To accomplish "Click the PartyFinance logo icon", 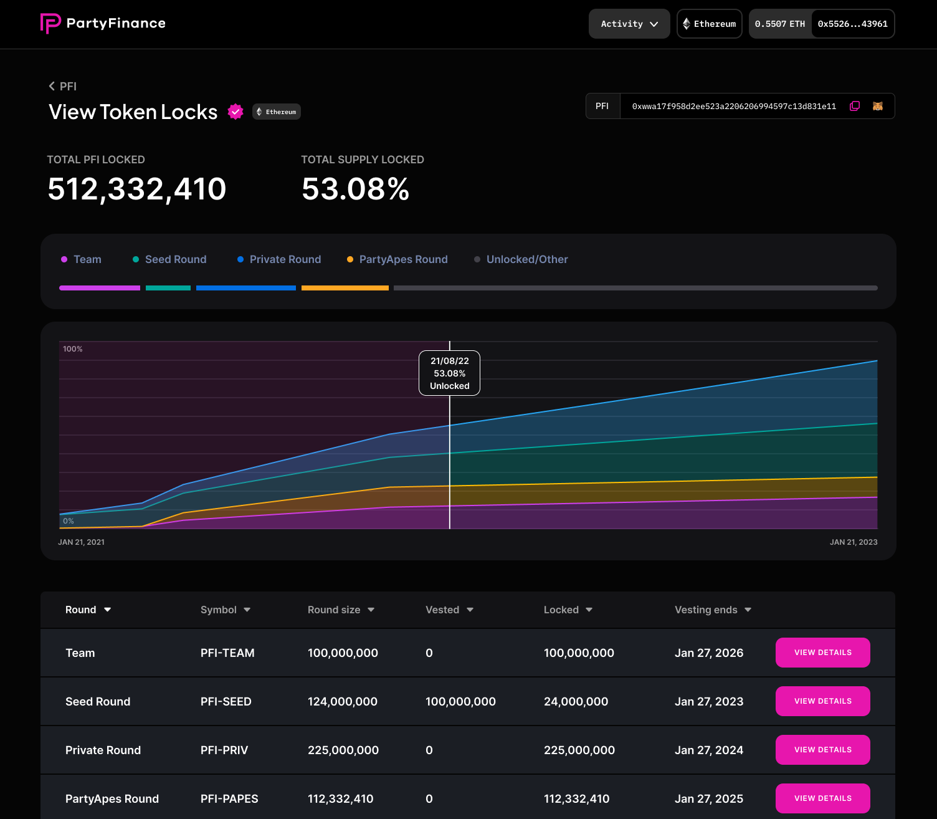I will [50, 24].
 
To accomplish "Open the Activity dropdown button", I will [629, 24].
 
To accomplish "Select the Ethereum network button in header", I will [709, 24].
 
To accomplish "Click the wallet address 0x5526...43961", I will [852, 24].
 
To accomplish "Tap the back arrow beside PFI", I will [52, 86].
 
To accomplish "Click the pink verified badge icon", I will [235, 112].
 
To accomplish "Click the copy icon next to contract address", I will [855, 106].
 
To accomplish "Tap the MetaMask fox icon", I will [878, 106].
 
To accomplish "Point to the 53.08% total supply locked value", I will [355, 189].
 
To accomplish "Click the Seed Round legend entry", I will [175, 259].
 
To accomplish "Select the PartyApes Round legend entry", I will [403, 259].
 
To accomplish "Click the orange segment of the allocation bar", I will [345, 288].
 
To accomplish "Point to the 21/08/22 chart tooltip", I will [449, 373].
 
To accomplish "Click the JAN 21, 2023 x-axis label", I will [853, 542].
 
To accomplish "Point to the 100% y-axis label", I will [73, 349].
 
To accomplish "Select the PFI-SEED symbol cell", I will [226, 701].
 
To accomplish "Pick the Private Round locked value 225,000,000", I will [579, 750].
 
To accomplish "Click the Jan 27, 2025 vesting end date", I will [708, 798].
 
